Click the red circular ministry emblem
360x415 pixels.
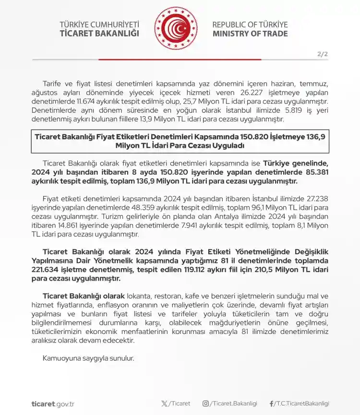click(176, 29)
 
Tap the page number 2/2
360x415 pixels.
click(323, 54)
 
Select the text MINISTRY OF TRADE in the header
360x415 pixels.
click(250, 34)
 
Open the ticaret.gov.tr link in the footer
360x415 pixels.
click(53, 403)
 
